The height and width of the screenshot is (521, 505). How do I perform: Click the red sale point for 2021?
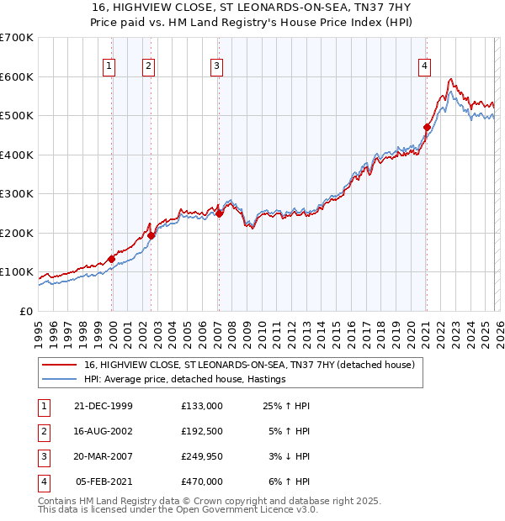(x=427, y=128)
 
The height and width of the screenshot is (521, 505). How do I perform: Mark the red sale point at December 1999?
(x=112, y=259)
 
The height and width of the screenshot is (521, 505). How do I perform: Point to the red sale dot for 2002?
(x=151, y=236)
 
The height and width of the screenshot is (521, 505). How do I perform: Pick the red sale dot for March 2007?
(x=219, y=213)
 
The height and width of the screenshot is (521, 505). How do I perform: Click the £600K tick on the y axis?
(x=17, y=76)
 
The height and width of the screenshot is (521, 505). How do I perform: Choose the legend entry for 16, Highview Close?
(x=249, y=366)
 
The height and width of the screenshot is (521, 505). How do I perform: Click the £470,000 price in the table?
(x=202, y=482)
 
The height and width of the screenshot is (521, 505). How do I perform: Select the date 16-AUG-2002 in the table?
(x=103, y=431)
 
